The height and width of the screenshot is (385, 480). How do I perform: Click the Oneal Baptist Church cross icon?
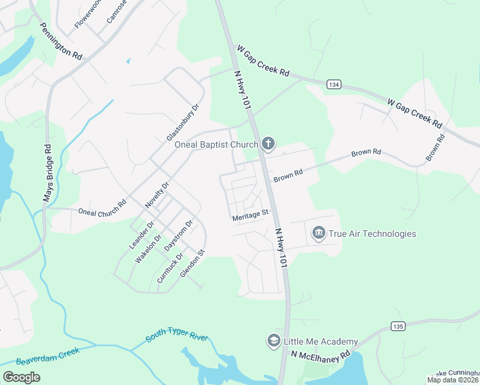[268, 144]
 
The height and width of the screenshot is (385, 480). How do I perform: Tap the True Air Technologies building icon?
[318, 233]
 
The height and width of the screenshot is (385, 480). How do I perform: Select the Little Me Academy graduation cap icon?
[273, 341]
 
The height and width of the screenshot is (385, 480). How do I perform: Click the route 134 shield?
[333, 84]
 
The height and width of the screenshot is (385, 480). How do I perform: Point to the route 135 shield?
[398, 327]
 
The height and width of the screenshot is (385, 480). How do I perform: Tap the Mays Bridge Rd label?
[47, 174]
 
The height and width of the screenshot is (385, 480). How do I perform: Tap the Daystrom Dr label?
[178, 236]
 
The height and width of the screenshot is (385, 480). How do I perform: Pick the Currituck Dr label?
[170, 269]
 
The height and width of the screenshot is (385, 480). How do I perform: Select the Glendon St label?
[191, 264]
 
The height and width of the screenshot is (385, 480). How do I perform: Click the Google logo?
[21, 377]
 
